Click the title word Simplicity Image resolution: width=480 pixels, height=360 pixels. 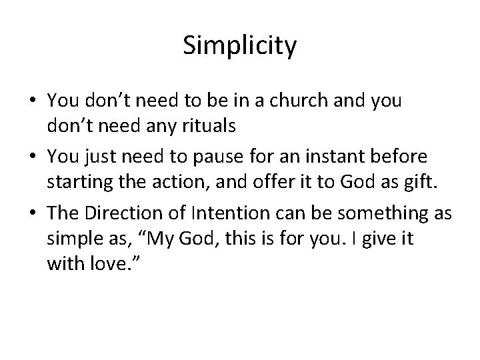(239, 47)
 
